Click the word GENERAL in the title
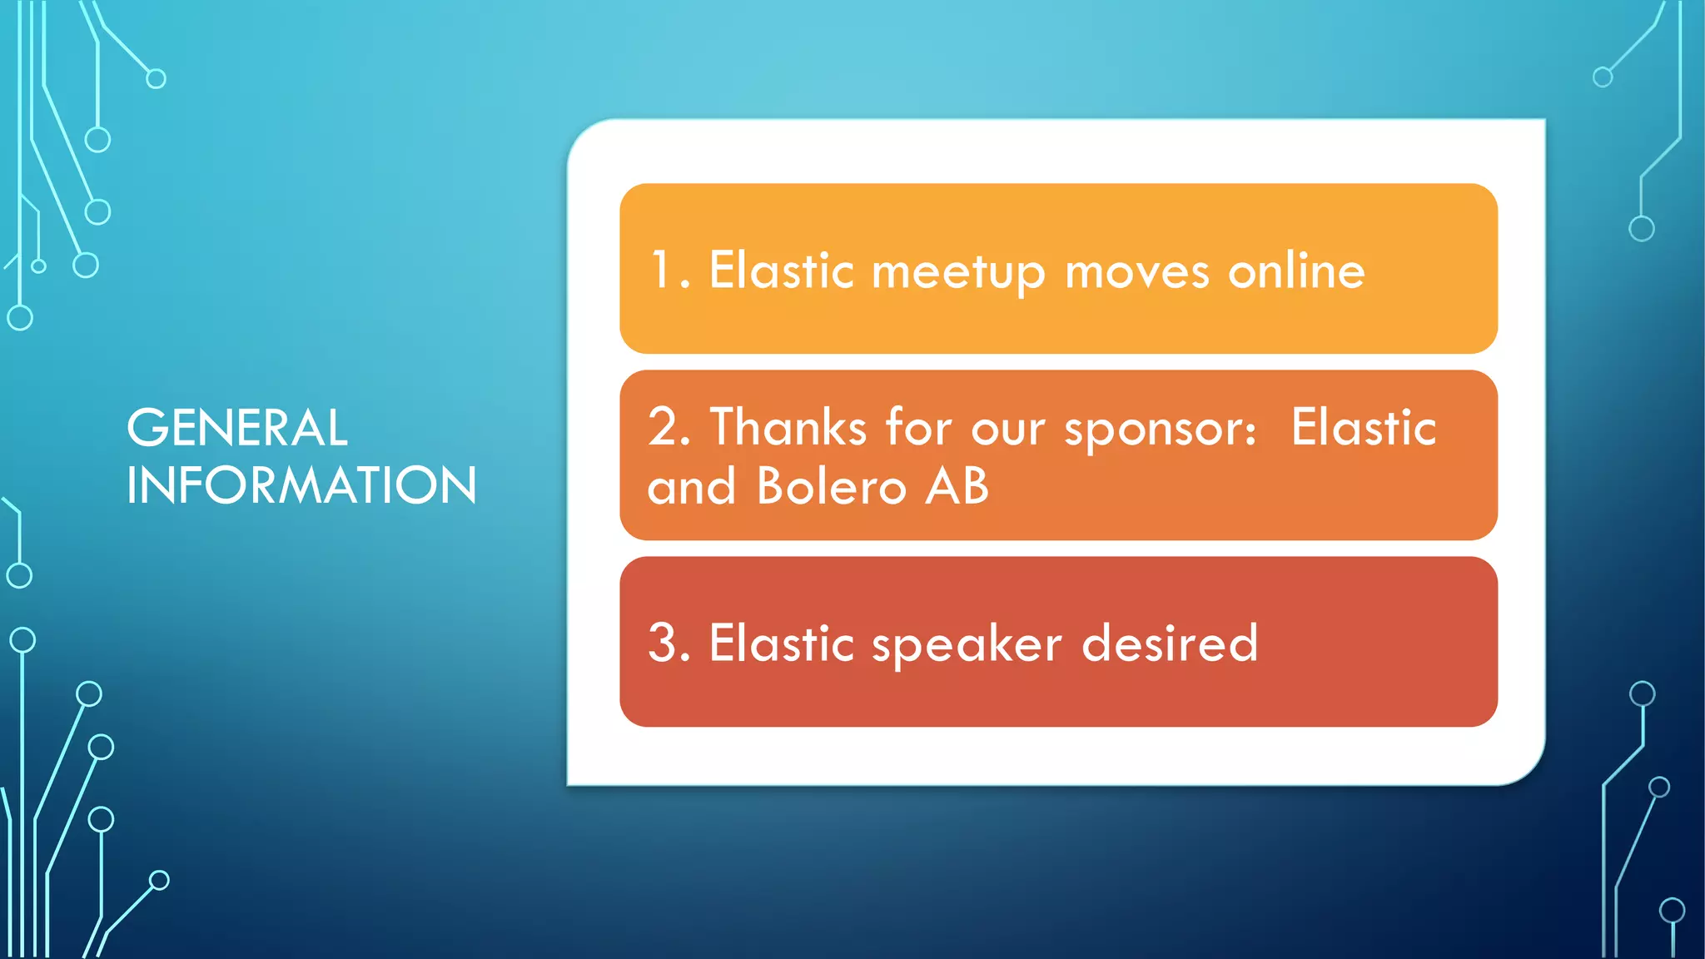tap(237, 428)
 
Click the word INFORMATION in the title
tap(301, 485)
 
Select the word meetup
tap(958, 273)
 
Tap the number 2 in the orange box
tap(664, 428)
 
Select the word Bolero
tap(831, 486)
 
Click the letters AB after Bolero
tap(957, 486)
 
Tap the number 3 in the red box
tap(664, 643)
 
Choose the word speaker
tap(967, 646)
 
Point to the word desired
tap(1170, 643)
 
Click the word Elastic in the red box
tap(781, 643)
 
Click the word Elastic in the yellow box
tap(781, 271)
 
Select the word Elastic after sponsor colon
tap(1364, 428)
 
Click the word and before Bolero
tap(691, 486)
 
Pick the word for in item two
tap(918, 428)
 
